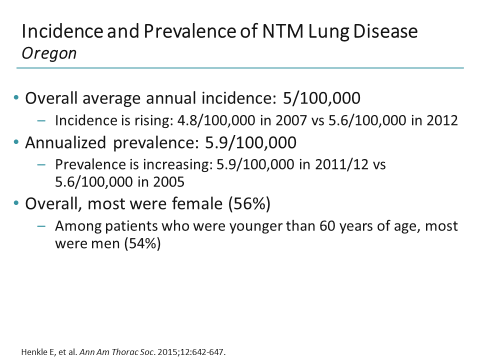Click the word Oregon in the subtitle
click(49, 53)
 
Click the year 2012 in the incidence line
click(440, 121)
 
